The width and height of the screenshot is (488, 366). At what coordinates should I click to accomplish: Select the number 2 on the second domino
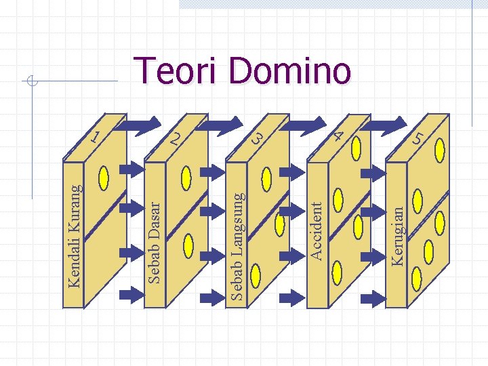176,138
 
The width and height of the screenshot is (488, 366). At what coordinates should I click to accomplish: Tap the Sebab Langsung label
237,245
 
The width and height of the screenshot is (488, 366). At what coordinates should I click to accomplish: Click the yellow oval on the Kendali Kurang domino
104,178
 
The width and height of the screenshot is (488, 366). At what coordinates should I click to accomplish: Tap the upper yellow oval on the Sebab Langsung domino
266,178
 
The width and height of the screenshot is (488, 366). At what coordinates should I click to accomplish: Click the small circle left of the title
30,82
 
